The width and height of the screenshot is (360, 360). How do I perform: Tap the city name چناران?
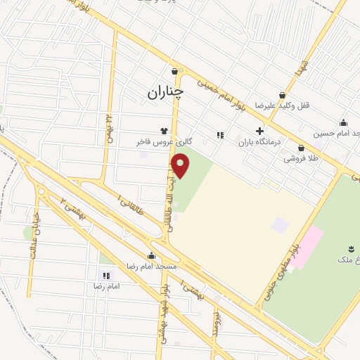click(x=165, y=91)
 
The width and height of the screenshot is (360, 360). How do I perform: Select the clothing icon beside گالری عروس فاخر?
click(x=165, y=131)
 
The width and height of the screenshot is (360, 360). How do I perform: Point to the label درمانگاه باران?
click(x=259, y=141)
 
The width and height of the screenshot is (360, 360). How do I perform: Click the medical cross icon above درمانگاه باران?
click(x=259, y=131)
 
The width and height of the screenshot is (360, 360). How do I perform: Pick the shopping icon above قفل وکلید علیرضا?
click(x=282, y=95)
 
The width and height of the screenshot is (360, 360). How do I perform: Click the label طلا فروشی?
click(x=301, y=159)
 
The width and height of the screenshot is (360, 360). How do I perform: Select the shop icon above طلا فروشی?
click(x=301, y=148)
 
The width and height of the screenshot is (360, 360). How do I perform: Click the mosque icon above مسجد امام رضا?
click(x=152, y=256)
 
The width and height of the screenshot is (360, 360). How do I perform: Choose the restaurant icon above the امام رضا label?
click(x=106, y=276)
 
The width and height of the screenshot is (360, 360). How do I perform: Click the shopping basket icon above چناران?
click(x=174, y=71)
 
